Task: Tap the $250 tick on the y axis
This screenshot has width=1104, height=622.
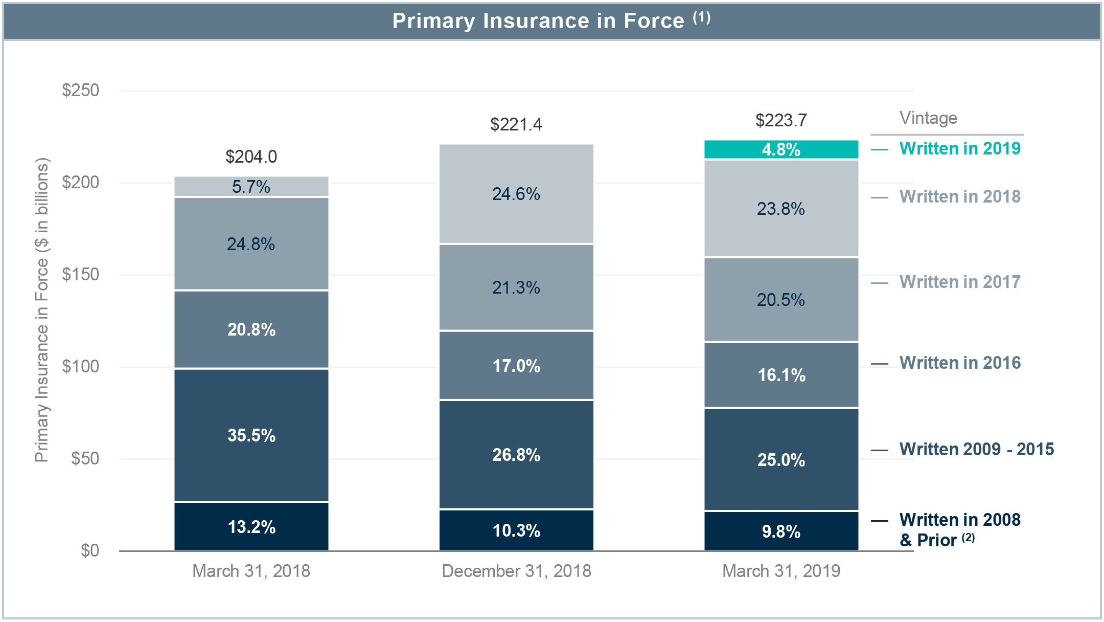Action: pos(80,91)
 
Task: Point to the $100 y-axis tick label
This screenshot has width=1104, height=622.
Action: pos(80,367)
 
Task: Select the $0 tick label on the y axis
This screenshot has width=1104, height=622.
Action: pos(89,551)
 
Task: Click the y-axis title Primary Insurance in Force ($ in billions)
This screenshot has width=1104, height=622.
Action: pos(42,310)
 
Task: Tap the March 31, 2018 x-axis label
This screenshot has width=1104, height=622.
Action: pos(251,571)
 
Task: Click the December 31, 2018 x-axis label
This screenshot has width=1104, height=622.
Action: pos(516,571)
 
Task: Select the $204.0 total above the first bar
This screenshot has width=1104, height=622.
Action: pos(251,157)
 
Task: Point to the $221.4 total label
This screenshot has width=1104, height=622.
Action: pos(516,124)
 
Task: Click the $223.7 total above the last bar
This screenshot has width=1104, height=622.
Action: pos(781,120)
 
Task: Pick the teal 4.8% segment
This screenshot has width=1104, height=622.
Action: pos(781,149)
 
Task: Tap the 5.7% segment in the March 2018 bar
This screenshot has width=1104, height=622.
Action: pos(251,187)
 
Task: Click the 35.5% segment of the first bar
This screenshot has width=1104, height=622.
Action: pos(251,435)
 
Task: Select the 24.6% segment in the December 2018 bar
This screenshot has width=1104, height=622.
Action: pos(516,194)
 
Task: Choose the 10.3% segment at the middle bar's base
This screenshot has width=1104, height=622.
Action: pos(516,530)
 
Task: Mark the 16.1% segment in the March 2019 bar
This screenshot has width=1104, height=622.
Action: pos(781,375)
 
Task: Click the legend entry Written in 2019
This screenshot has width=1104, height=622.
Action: pos(959,148)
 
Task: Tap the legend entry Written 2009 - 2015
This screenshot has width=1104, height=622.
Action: pos(976,449)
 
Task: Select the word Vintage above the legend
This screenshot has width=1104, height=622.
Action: pos(928,118)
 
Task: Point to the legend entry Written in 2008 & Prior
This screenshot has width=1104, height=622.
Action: pos(959,529)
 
